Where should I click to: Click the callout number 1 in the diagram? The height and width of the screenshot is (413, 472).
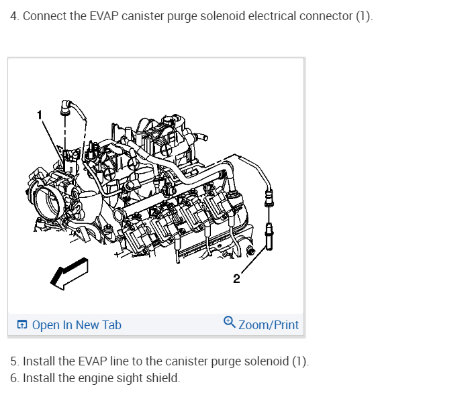tap(39, 115)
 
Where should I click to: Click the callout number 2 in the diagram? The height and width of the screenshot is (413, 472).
tap(236, 279)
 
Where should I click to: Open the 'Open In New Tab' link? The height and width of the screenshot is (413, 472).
tap(77, 325)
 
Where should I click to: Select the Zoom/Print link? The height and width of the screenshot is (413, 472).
tap(268, 325)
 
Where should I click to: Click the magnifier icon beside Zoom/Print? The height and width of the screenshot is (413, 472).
tap(230, 324)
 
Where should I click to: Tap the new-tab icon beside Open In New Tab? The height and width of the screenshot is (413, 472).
tap(22, 325)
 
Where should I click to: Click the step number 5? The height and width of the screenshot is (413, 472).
tap(14, 362)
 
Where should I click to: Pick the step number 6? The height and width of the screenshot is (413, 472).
tap(14, 378)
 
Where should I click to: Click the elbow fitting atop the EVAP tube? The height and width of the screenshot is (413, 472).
tap(66, 106)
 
